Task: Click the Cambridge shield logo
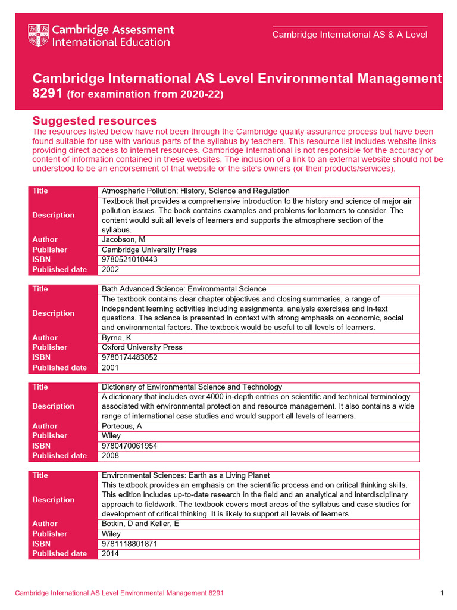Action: [39, 36]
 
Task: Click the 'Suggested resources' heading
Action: [94, 121]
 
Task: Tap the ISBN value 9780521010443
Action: [130, 260]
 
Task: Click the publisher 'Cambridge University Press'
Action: [149, 250]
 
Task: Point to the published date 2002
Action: [111, 269]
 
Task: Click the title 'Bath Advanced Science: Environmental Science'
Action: [184, 289]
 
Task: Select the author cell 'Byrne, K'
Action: [117, 338]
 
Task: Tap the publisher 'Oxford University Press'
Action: [142, 347]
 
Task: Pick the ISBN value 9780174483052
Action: [130, 357]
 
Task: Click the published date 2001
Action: [111, 368]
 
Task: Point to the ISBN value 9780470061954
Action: [130, 446]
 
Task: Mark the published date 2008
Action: [111, 456]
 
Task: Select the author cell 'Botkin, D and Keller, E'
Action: [140, 524]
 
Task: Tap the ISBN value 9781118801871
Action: [130, 544]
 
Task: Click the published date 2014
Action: [111, 553]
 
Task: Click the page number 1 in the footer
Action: [442, 593]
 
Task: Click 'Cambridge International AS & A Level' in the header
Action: [349, 35]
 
